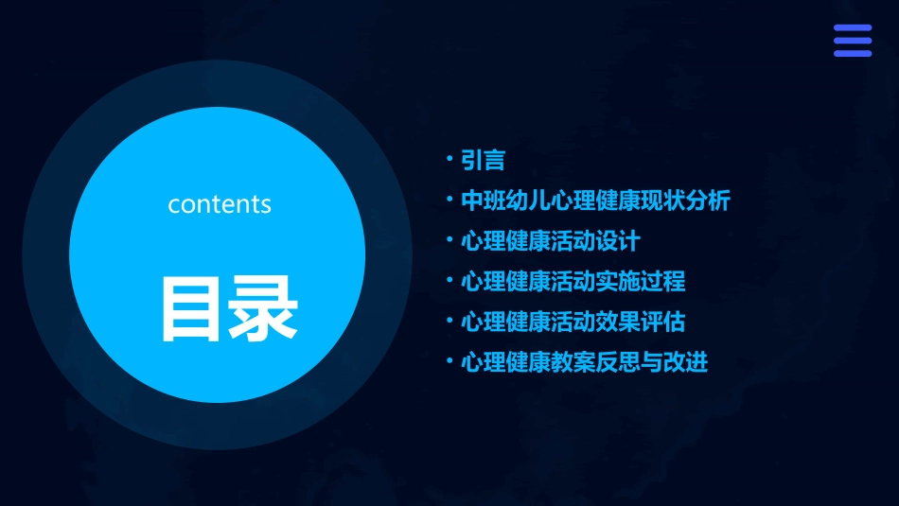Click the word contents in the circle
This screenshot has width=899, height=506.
220,204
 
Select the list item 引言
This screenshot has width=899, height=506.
483,161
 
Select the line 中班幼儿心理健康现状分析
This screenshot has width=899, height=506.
595,201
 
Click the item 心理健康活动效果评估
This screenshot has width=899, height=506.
573,323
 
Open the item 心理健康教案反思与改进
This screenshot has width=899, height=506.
584,363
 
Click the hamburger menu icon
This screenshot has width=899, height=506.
852,41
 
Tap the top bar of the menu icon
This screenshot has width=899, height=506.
852,28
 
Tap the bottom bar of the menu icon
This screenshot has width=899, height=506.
852,53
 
